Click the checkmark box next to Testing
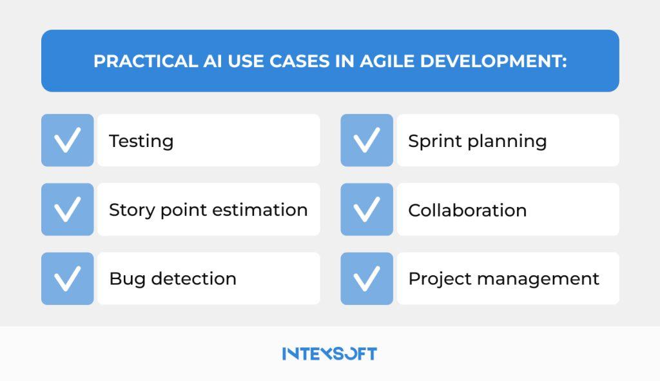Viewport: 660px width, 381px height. pyautogui.click(x=67, y=141)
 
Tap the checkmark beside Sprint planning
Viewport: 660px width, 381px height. pyautogui.click(x=366, y=141)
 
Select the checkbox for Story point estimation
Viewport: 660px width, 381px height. pyautogui.click(x=67, y=210)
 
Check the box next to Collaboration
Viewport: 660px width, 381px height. pyautogui.click(x=366, y=210)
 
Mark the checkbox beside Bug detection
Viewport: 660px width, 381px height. pyautogui.click(x=67, y=278)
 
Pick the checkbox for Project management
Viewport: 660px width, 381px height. pyautogui.click(x=366, y=278)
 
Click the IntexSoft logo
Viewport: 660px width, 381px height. pyautogui.click(x=329, y=353)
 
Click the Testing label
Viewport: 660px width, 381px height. pyautogui.click(x=141, y=141)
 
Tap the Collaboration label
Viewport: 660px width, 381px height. pyautogui.click(x=467, y=210)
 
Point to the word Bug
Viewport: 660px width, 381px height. pyautogui.click(x=123, y=279)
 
